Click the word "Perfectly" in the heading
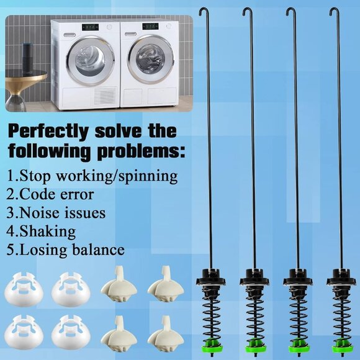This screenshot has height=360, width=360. click(48, 132)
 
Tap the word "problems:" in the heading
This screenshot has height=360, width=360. click(141, 151)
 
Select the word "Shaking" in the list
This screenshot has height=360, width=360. click(48, 231)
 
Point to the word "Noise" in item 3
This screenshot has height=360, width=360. click(40, 212)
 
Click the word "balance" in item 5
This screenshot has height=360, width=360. click(99, 250)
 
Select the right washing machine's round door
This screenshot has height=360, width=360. click(150, 58)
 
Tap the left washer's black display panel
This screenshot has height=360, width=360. click(90, 27)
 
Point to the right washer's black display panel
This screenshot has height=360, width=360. click(150, 27)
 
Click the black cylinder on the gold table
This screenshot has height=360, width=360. click(28, 58)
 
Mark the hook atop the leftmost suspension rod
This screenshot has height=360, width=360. click(204, 11)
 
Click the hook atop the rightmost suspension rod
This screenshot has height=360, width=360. click(333, 11)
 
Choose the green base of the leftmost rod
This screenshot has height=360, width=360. click(211, 346)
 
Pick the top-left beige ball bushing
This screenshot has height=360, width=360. click(119, 284)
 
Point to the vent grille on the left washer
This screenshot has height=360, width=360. click(105, 96)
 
